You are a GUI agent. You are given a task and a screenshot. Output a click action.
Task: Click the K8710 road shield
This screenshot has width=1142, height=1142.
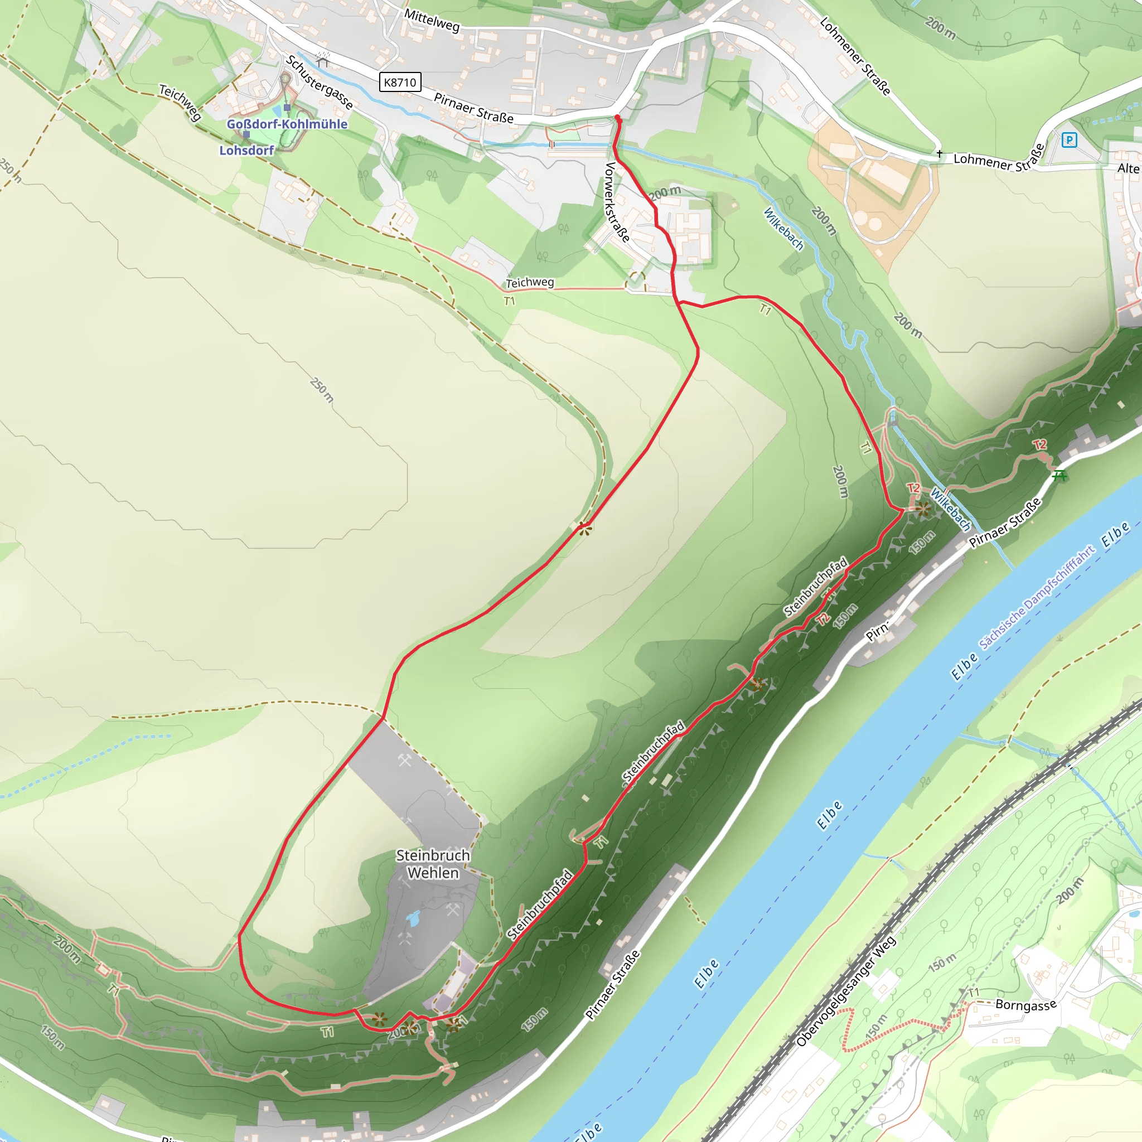tap(400, 82)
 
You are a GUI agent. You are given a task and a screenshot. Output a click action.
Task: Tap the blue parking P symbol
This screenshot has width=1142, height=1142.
tap(1069, 140)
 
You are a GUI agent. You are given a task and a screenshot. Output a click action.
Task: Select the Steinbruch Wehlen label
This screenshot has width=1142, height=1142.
tap(433, 864)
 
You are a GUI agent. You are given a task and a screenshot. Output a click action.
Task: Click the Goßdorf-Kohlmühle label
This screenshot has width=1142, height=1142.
tap(287, 124)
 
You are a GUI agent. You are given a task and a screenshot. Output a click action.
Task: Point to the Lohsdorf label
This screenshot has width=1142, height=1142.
tap(246, 150)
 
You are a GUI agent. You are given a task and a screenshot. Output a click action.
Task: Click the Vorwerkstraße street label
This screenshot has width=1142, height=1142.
tap(617, 202)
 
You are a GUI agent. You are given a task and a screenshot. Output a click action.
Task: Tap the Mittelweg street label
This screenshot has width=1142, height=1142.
tap(432, 21)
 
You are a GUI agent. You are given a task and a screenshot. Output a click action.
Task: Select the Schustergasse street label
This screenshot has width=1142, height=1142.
tap(319, 82)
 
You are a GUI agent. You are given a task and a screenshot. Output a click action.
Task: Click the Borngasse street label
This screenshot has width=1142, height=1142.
tap(1025, 1004)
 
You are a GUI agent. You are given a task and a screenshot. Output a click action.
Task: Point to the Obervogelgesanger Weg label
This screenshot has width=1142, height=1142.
tap(846, 991)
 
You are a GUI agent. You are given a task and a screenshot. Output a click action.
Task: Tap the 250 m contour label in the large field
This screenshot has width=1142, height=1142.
tap(322, 391)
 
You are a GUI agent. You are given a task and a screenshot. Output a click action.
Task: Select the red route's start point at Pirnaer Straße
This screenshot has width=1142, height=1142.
tap(618, 118)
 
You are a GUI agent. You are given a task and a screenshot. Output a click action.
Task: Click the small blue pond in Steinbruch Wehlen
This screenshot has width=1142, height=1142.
tap(413, 918)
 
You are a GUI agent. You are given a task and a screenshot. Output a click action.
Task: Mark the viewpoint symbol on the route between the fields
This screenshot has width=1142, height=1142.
tap(584, 529)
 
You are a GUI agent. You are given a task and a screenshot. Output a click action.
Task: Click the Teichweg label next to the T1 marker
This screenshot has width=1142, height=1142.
tap(530, 283)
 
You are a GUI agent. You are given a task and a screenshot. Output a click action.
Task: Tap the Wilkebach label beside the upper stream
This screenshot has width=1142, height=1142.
tap(784, 229)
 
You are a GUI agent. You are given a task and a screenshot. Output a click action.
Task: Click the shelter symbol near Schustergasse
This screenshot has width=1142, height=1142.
tap(323, 59)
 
